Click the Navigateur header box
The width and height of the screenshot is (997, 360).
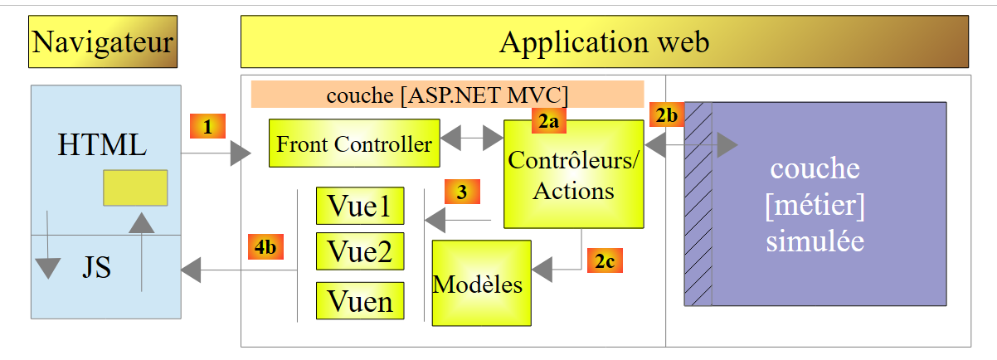[103, 41]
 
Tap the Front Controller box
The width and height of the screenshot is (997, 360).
[354, 144]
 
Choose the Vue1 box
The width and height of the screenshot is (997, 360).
[360, 206]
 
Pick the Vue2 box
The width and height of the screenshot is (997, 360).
[360, 251]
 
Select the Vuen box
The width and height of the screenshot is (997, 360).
[360, 300]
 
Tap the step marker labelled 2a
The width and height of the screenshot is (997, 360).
[548, 122]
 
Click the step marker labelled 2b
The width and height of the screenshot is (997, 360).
[665, 114]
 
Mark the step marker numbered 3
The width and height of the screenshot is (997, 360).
[463, 192]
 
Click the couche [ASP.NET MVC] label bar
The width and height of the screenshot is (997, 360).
[448, 94]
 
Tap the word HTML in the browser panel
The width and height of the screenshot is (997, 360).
[102, 145]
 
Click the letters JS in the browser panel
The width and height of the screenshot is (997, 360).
[96, 268]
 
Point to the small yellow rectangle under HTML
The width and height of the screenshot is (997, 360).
[135, 187]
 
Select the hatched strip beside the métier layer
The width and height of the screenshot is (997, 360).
[698, 204]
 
